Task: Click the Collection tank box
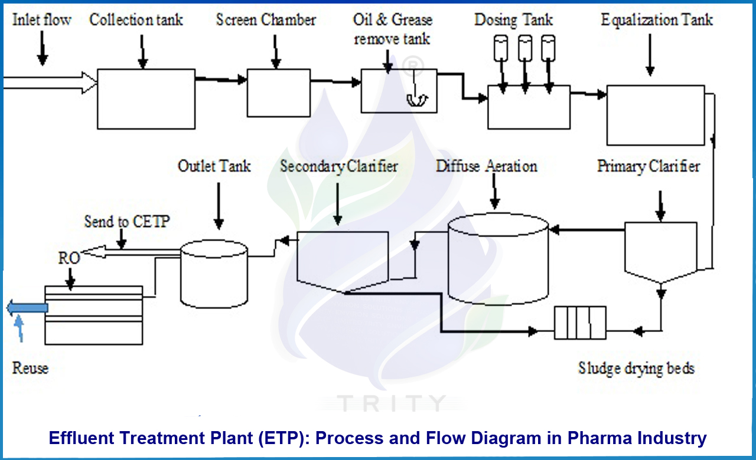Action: [146, 98]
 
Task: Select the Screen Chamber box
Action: [278, 93]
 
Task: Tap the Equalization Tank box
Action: [656, 115]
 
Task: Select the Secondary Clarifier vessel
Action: [342, 259]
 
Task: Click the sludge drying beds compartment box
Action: [580, 323]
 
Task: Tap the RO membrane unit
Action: [93, 315]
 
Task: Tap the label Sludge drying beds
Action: [636, 369]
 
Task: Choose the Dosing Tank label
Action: [513, 19]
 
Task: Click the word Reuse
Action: [30, 369]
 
